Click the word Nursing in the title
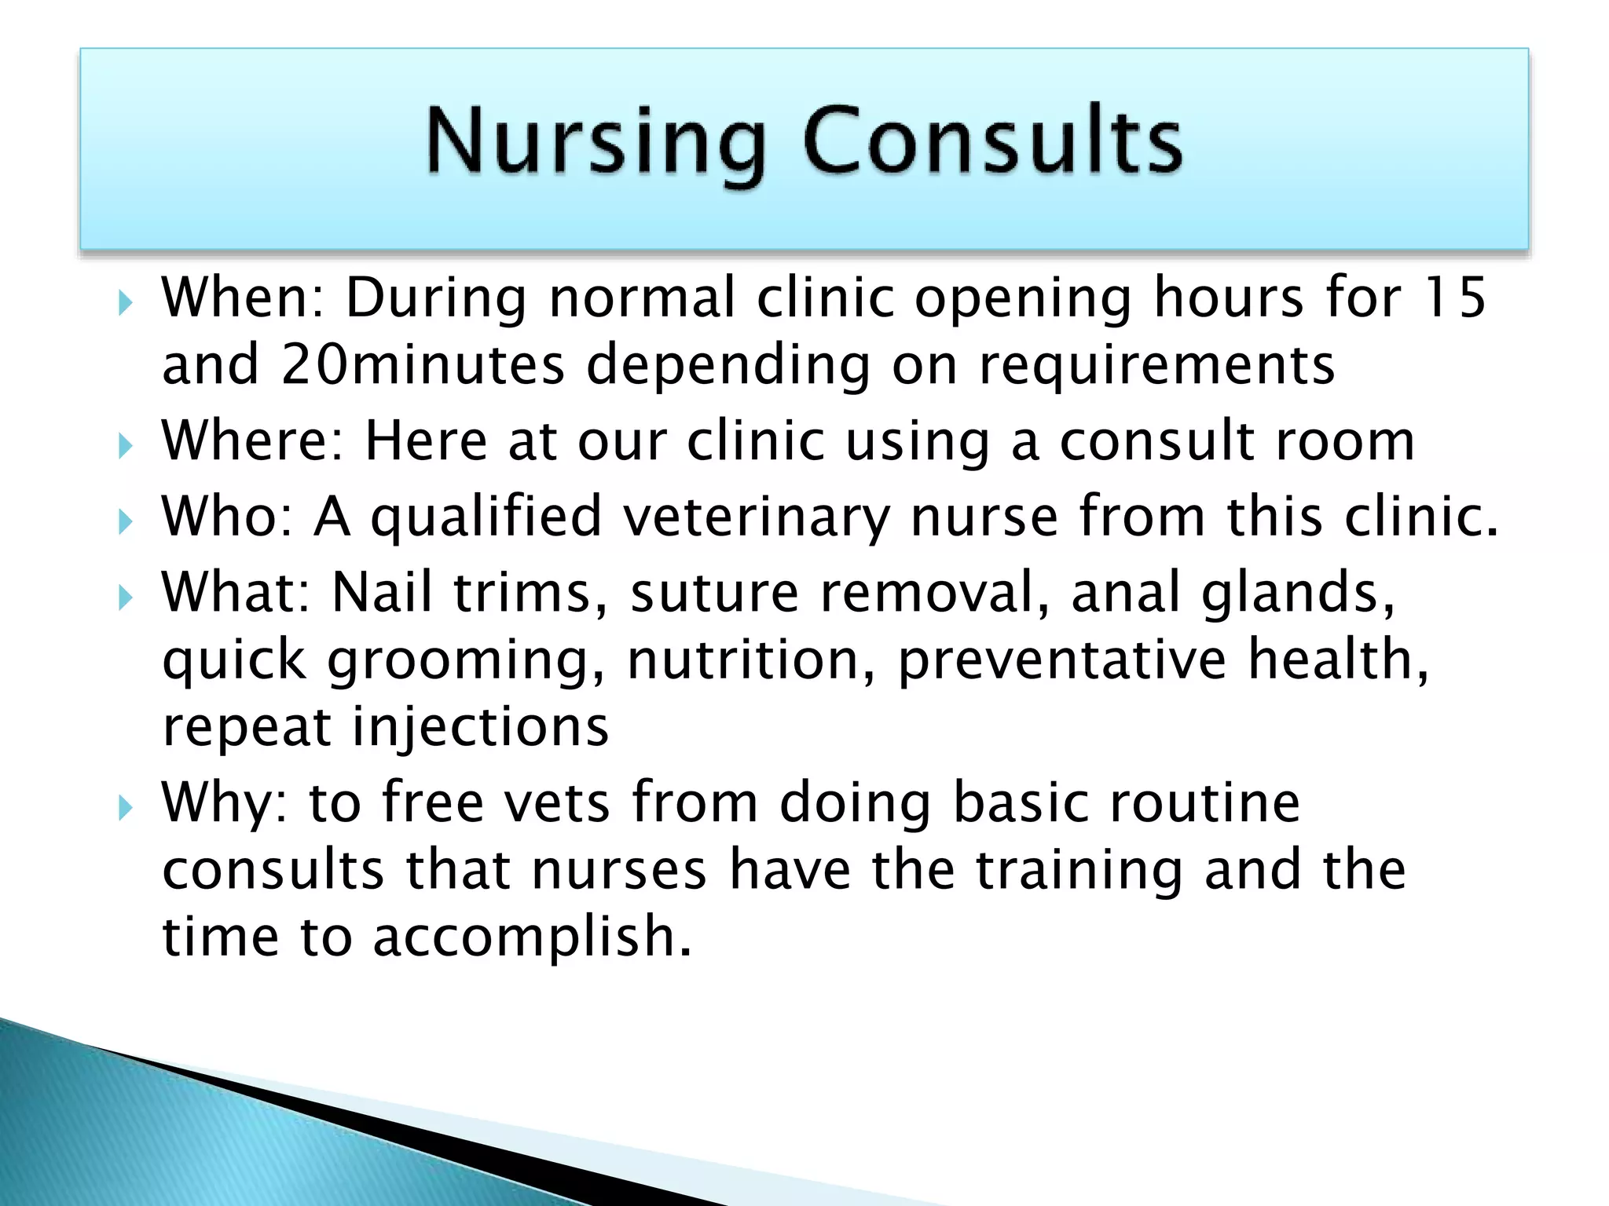pyautogui.click(x=596, y=141)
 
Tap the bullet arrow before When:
pyautogui.click(x=126, y=302)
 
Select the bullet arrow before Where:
pyautogui.click(x=126, y=447)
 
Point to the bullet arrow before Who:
pyautogui.click(x=126, y=521)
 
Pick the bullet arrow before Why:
pyautogui.click(x=126, y=807)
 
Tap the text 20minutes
pyautogui.click(x=423, y=365)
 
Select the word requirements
pyautogui.click(x=1156, y=365)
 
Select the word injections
pyautogui.click(x=480, y=727)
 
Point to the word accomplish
pyautogui.click(x=532, y=937)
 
